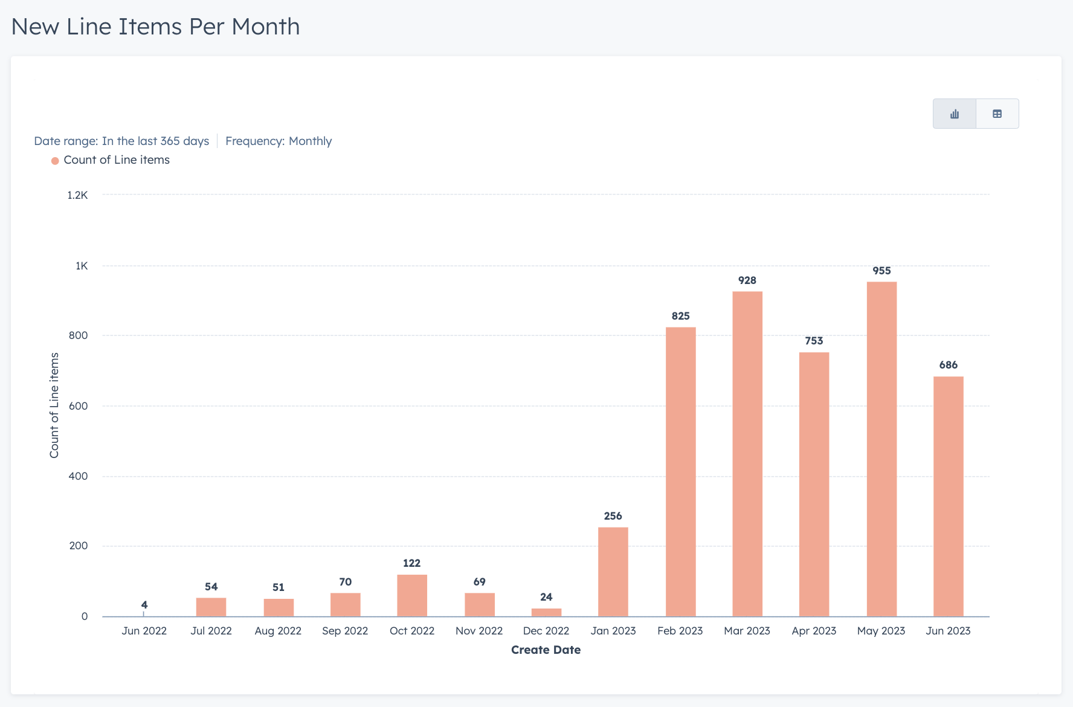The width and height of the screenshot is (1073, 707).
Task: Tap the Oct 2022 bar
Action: coord(412,595)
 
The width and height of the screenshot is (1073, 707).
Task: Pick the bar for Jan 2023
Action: coord(613,572)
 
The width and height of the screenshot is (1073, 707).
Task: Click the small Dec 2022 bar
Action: coord(546,612)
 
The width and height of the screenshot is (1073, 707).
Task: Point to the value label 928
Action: coord(747,280)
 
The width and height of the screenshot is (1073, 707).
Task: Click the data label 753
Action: coord(814,341)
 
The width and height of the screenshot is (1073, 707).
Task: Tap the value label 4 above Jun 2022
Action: coord(144,605)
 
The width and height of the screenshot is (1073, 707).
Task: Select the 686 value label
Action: coord(948,365)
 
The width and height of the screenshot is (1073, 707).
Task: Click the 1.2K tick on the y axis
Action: coord(77,195)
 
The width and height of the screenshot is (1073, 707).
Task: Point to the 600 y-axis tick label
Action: coord(78,406)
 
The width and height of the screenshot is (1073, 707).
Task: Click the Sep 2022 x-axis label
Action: coord(345,631)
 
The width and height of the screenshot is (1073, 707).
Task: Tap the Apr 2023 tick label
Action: coord(814,631)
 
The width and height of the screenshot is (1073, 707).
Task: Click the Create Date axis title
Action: coord(546,650)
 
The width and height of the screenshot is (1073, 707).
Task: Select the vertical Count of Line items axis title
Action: coord(54,405)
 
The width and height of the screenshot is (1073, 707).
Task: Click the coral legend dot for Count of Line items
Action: coord(55,161)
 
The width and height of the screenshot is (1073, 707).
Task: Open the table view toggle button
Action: coord(997,114)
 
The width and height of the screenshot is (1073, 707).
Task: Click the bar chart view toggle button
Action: coord(955,114)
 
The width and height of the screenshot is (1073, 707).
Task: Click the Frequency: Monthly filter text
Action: coord(279,141)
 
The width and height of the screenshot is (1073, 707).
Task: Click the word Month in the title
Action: coord(265,27)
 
